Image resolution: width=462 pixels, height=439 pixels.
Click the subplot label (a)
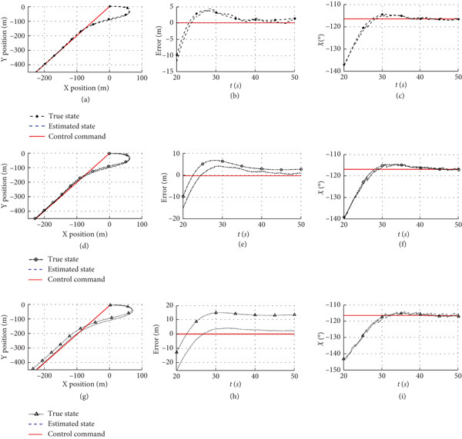point(85,99)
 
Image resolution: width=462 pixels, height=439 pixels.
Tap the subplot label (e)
point(243,244)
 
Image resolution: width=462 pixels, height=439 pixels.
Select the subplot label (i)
point(402,397)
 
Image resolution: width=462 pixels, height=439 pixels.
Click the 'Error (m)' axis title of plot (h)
point(156,339)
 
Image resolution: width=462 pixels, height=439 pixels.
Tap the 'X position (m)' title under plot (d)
point(85,234)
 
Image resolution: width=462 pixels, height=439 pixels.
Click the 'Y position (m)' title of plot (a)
point(5,40)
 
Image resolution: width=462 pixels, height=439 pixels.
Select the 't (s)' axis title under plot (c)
point(400,85)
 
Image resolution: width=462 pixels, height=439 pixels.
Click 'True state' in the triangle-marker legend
point(63,414)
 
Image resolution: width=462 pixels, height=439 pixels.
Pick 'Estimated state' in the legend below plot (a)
point(72,126)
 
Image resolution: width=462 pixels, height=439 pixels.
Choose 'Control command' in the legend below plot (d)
point(76,279)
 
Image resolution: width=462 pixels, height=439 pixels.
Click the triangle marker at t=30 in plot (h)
point(216,312)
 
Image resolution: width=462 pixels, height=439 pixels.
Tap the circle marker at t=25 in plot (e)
point(203,164)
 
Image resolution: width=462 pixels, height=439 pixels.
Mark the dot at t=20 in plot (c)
point(344,64)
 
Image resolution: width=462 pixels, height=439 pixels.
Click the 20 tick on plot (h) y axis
point(169,305)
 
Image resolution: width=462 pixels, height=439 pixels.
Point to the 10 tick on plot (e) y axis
point(176,153)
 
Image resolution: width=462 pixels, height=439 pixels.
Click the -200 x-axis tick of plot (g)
point(45,375)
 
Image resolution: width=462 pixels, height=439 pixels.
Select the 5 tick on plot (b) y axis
point(172,7)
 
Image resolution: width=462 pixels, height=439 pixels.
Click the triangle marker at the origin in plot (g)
point(110,304)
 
